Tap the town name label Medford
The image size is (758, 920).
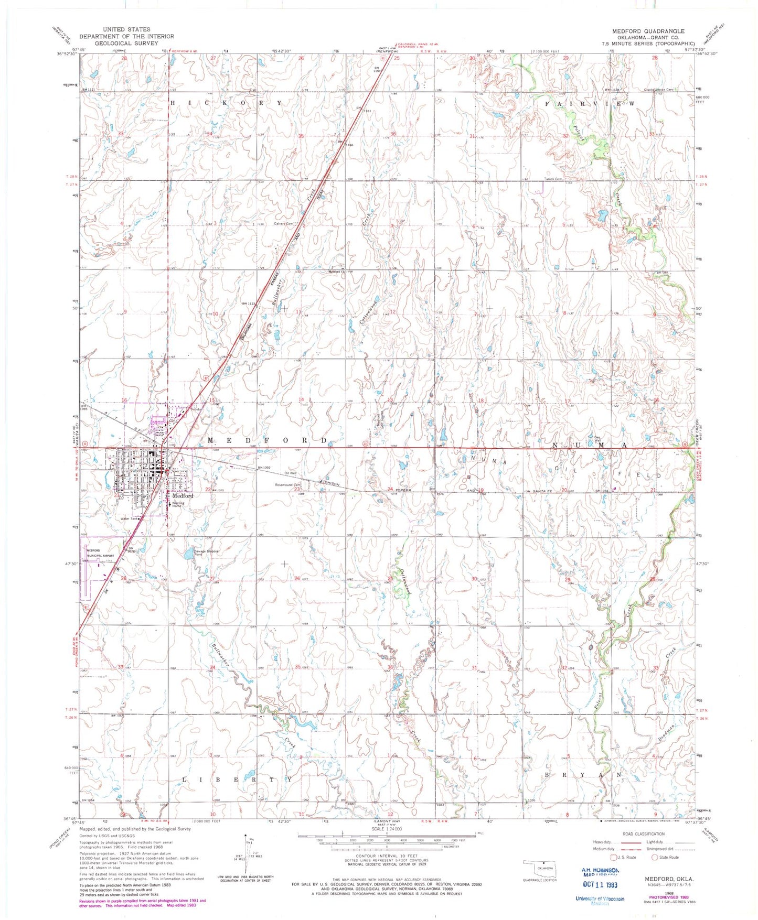pyautogui.click(x=180, y=495)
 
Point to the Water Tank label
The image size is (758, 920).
pyautogui.click(x=129, y=519)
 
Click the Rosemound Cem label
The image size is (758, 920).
pyautogui.click(x=290, y=485)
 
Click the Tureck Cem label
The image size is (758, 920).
pyautogui.click(x=552, y=179)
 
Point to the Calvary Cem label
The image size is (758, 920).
pyautogui.click(x=283, y=224)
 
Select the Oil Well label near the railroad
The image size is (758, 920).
pyautogui.click(x=290, y=472)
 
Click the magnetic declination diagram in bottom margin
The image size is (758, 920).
pyautogui.click(x=245, y=857)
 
